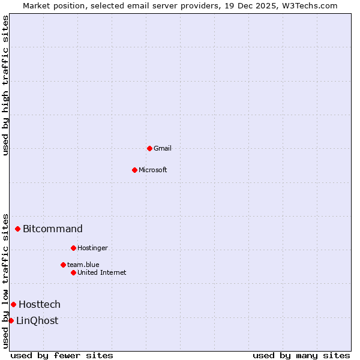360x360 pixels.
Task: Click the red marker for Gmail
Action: [149, 148]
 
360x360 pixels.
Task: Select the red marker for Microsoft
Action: [134, 170]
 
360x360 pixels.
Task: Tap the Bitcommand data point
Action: [18, 229]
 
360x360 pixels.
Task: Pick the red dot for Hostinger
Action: [73, 248]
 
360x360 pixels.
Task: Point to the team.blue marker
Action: [63, 265]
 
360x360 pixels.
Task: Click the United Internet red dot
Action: [73, 272]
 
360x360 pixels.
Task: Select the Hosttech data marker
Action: [13, 304]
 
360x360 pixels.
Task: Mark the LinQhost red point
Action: [11, 320]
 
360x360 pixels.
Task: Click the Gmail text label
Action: [163, 148]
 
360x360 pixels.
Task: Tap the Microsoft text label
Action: [153, 170]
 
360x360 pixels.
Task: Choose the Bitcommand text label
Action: [53, 229]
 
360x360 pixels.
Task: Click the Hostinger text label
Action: [92, 248]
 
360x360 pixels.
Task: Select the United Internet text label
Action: [102, 272]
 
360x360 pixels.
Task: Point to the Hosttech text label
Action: [40, 304]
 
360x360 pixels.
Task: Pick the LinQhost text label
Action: [37, 320]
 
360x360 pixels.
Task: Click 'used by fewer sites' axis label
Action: [62, 355]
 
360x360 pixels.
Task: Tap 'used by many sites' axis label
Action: [301, 355]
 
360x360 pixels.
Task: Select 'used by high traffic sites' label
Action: [6, 85]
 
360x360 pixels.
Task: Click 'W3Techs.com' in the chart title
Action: [309, 5]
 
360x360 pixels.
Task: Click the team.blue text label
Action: [83, 265]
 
